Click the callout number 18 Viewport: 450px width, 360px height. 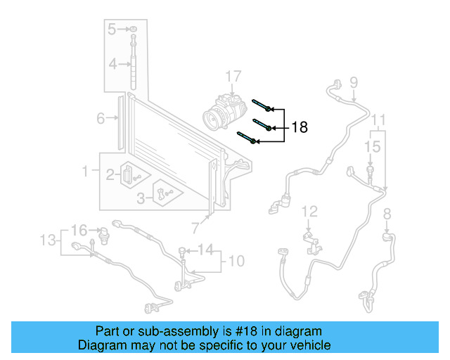click(300, 127)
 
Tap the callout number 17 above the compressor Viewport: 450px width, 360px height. click(233, 76)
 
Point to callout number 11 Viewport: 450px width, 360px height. click(379, 119)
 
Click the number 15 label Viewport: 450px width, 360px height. click(372, 146)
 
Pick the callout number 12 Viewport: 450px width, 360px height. click(310, 211)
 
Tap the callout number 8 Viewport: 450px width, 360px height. click(386, 214)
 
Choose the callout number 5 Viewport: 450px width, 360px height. click(112, 29)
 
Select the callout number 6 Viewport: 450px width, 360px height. click(101, 118)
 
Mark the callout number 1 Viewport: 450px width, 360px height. click(86, 171)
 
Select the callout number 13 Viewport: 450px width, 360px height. click(46, 240)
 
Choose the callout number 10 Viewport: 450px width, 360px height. click(236, 262)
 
